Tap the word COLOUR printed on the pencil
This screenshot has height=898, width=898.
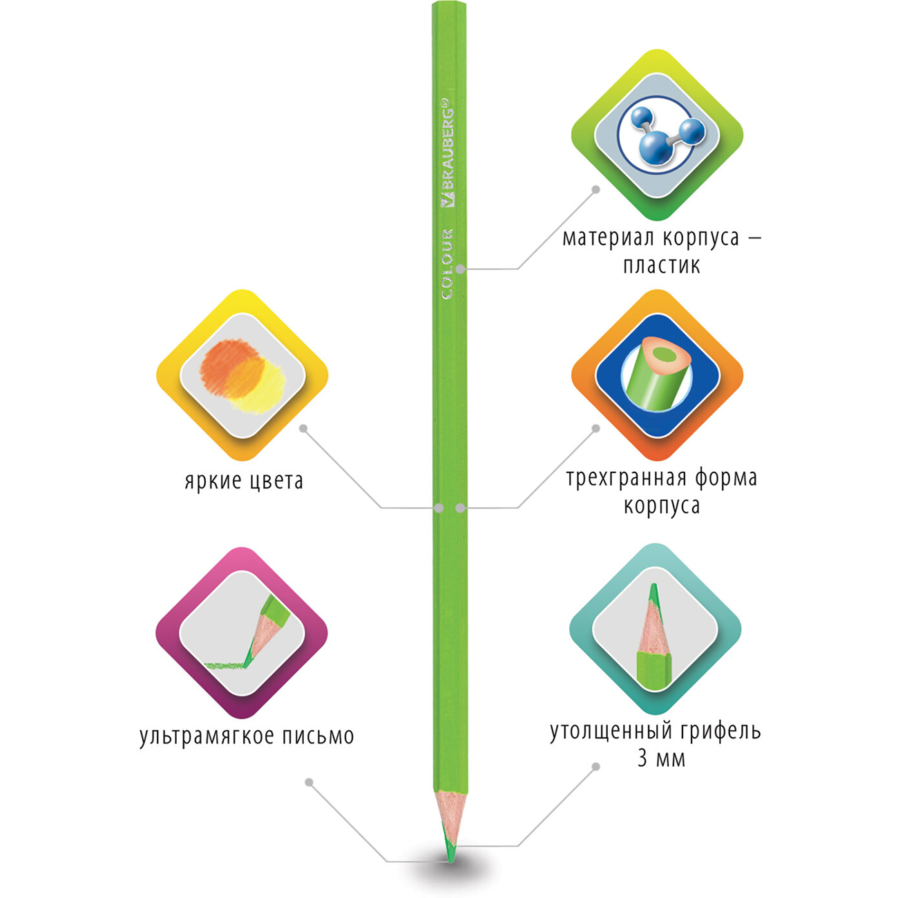(x=447, y=264)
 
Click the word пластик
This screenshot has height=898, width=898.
(x=661, y=266)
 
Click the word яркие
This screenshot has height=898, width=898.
(x=212, y=481)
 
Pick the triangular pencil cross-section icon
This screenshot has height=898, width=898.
(x=658, y=374)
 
